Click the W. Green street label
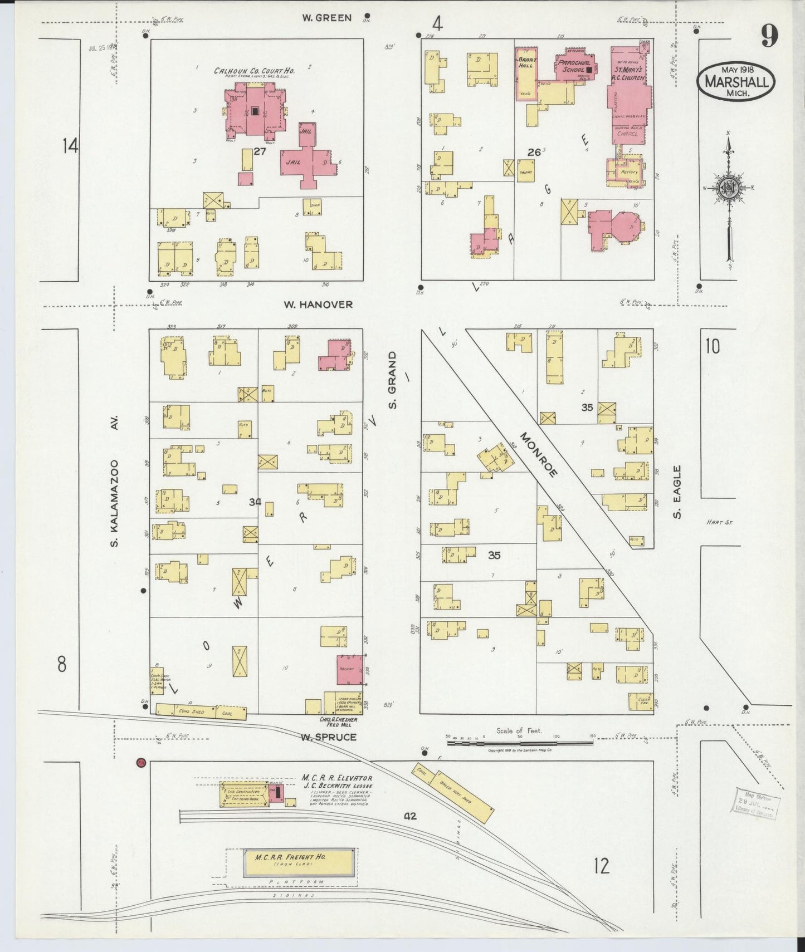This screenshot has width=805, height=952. point(327,18)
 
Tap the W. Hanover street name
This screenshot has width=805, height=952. point(318,305)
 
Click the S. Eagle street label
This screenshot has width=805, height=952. point(677,492)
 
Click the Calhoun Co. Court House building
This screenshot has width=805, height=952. point(254,110)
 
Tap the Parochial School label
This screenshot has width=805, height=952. point(574,66)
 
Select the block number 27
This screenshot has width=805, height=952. point(260,151)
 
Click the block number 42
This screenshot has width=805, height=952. point(411,816)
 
